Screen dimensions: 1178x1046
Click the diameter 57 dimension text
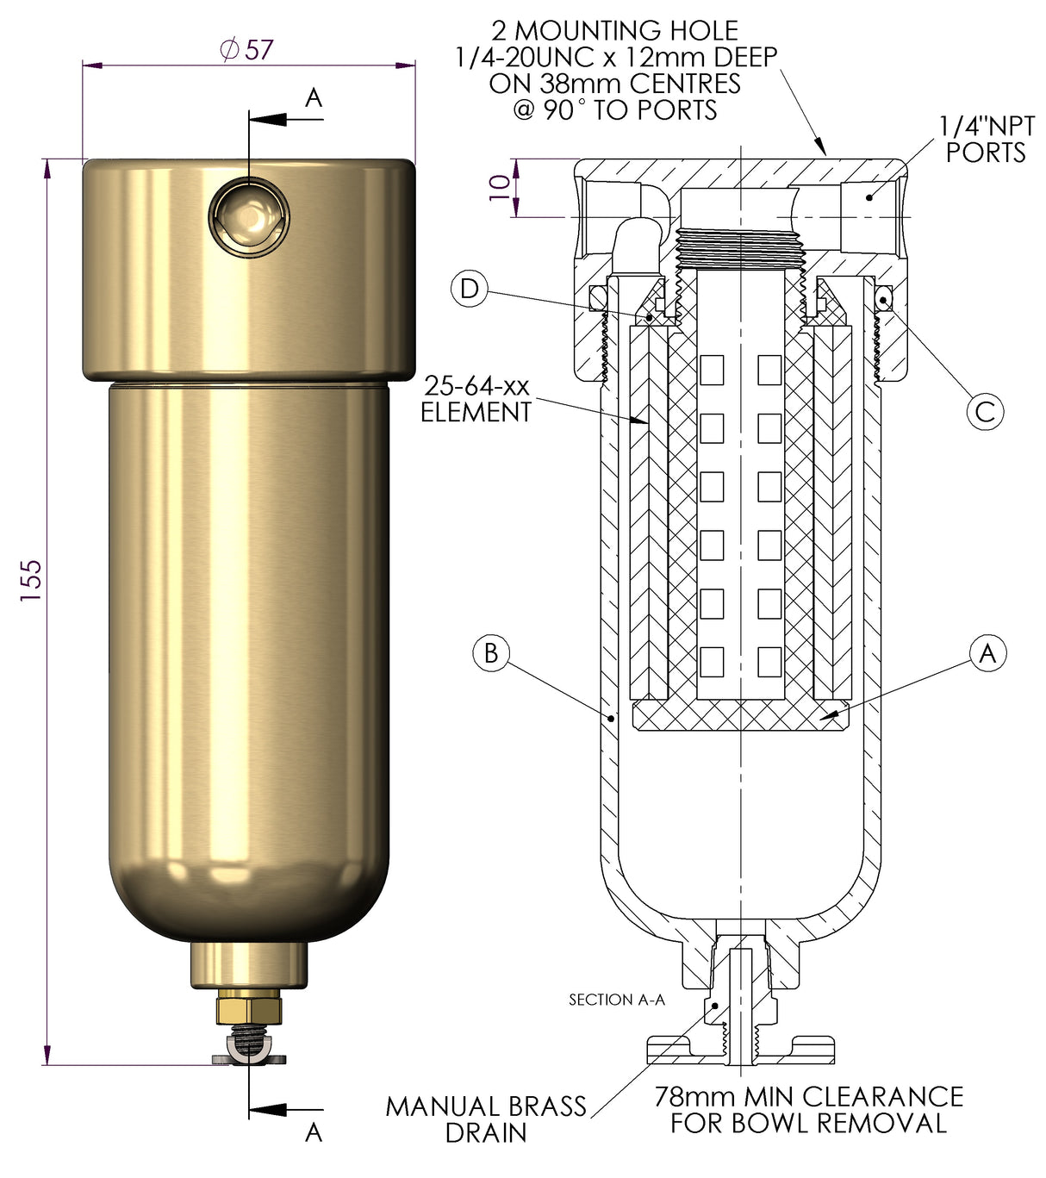[x=247, y=50]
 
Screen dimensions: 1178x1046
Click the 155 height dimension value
[x=31, y=580]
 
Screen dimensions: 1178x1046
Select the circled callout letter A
[x=987, y=653]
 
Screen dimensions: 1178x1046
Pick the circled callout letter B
[x=491, y=653]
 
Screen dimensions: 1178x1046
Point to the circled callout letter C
[x=985, y=411]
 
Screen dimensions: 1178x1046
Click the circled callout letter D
[x=470, y=288]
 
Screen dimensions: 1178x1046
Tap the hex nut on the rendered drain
[x=249, y=1007]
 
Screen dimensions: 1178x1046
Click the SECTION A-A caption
[x=617, y=1000]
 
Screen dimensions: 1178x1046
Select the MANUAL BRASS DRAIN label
[x=486, y=1119]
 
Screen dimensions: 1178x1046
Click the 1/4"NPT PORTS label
[x=987, y=140]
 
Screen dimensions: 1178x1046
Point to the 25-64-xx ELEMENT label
[x=476, y=399]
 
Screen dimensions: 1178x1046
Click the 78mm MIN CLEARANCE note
[x=808, y=1109]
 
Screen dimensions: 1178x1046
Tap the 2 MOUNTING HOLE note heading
[x=614, y=31]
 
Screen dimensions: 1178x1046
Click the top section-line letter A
[x=314, y=98]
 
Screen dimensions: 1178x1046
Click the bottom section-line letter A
[x=314, y=1131]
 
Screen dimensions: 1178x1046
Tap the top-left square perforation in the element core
[x=712, y=371]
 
